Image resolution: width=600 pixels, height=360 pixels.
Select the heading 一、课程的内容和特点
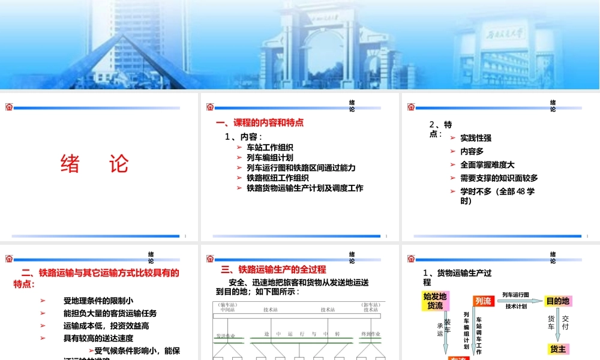pos(260,123)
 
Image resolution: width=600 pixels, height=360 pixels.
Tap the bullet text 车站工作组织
pos(269,147)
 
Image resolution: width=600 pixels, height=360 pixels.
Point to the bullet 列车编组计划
pos(269,157)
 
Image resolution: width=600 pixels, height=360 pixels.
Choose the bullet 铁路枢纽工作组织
pos(277,178)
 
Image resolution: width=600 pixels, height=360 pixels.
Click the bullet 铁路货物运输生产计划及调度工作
pos(305,188)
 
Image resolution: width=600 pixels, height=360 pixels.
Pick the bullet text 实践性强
pos(476,138)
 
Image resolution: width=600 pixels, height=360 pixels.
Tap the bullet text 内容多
pos(472,151)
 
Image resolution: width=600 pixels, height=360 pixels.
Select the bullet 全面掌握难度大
pos(487,164)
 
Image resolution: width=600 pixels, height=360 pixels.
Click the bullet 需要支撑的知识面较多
pos(499,178)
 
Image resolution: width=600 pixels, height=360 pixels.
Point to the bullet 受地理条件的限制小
pos(98,301)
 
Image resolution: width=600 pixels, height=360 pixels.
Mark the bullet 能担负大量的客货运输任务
pos(110,313)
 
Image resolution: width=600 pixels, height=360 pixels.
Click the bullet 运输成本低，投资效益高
pos(106,326)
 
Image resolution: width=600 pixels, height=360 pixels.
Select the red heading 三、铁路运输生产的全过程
pos(274,269)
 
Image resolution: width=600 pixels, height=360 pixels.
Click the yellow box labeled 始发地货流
pos(435,301)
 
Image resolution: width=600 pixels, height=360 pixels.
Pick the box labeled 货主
pos(558,349)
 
